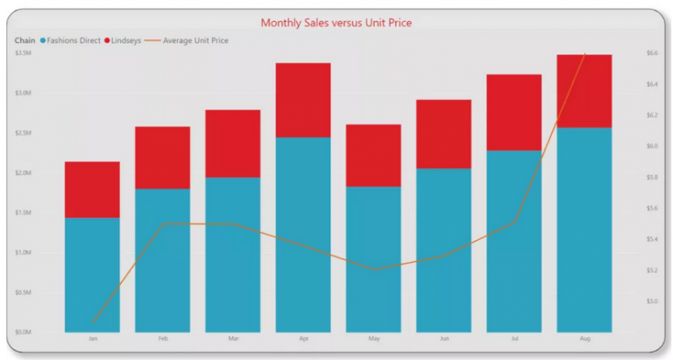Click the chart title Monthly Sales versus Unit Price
click(336, 22)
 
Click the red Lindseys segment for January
click(92, 189)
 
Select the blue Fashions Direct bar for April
click(303, 235)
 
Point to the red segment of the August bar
click(584, 91)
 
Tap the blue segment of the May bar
click(373, 259)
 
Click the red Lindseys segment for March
click(233, 144)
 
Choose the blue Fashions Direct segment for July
click(514, 241)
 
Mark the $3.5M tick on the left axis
click(24, 53)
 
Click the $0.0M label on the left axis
click(24, 332)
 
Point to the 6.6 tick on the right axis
click(652, 53)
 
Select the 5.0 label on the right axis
click(652, 301)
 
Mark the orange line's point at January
click(93, 322)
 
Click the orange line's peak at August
click(584, 54)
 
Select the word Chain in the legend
click(24, 40)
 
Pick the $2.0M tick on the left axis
click(24, 173)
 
